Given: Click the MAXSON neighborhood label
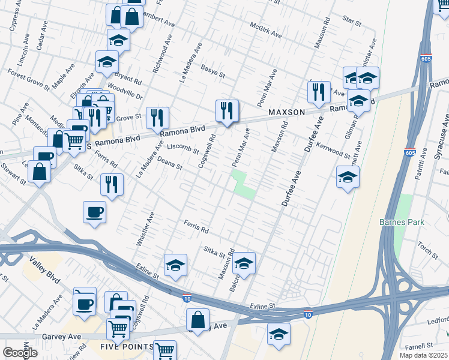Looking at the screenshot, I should [287, 112].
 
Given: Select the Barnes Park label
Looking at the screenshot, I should [402, 222].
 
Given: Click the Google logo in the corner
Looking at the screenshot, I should [20, 352].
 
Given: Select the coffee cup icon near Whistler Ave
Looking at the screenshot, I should [95, 212].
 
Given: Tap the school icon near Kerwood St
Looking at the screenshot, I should [348, 176].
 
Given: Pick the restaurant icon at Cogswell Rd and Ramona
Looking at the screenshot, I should [227, 110].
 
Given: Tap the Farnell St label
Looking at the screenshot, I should [418, 346].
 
